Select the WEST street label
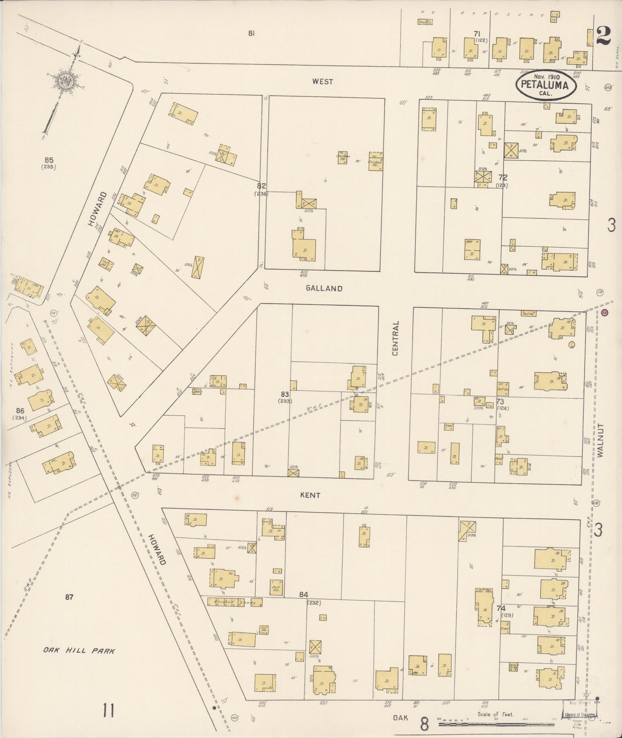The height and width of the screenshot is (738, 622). click(322, 81)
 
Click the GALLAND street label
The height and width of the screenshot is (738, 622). click(324, 288)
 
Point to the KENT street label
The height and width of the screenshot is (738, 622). click(310, 495)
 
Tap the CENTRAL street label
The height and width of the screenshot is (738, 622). click(395, 338)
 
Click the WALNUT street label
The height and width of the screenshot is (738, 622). click(600, 440)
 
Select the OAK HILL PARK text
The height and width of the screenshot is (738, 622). click(79, 651)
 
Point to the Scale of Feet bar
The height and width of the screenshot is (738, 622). click(495, 724)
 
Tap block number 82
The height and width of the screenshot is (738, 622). click(261, 186)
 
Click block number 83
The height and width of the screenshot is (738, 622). click(285, 394)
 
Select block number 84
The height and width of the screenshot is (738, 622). click(303, 595)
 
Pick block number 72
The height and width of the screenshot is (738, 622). click(502, 177)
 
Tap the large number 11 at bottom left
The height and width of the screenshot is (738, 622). click(108, 710)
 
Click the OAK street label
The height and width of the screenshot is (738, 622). click(400, 718)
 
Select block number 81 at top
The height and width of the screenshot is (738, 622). click(251, 33)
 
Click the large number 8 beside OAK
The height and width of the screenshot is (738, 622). click(425, 725)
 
